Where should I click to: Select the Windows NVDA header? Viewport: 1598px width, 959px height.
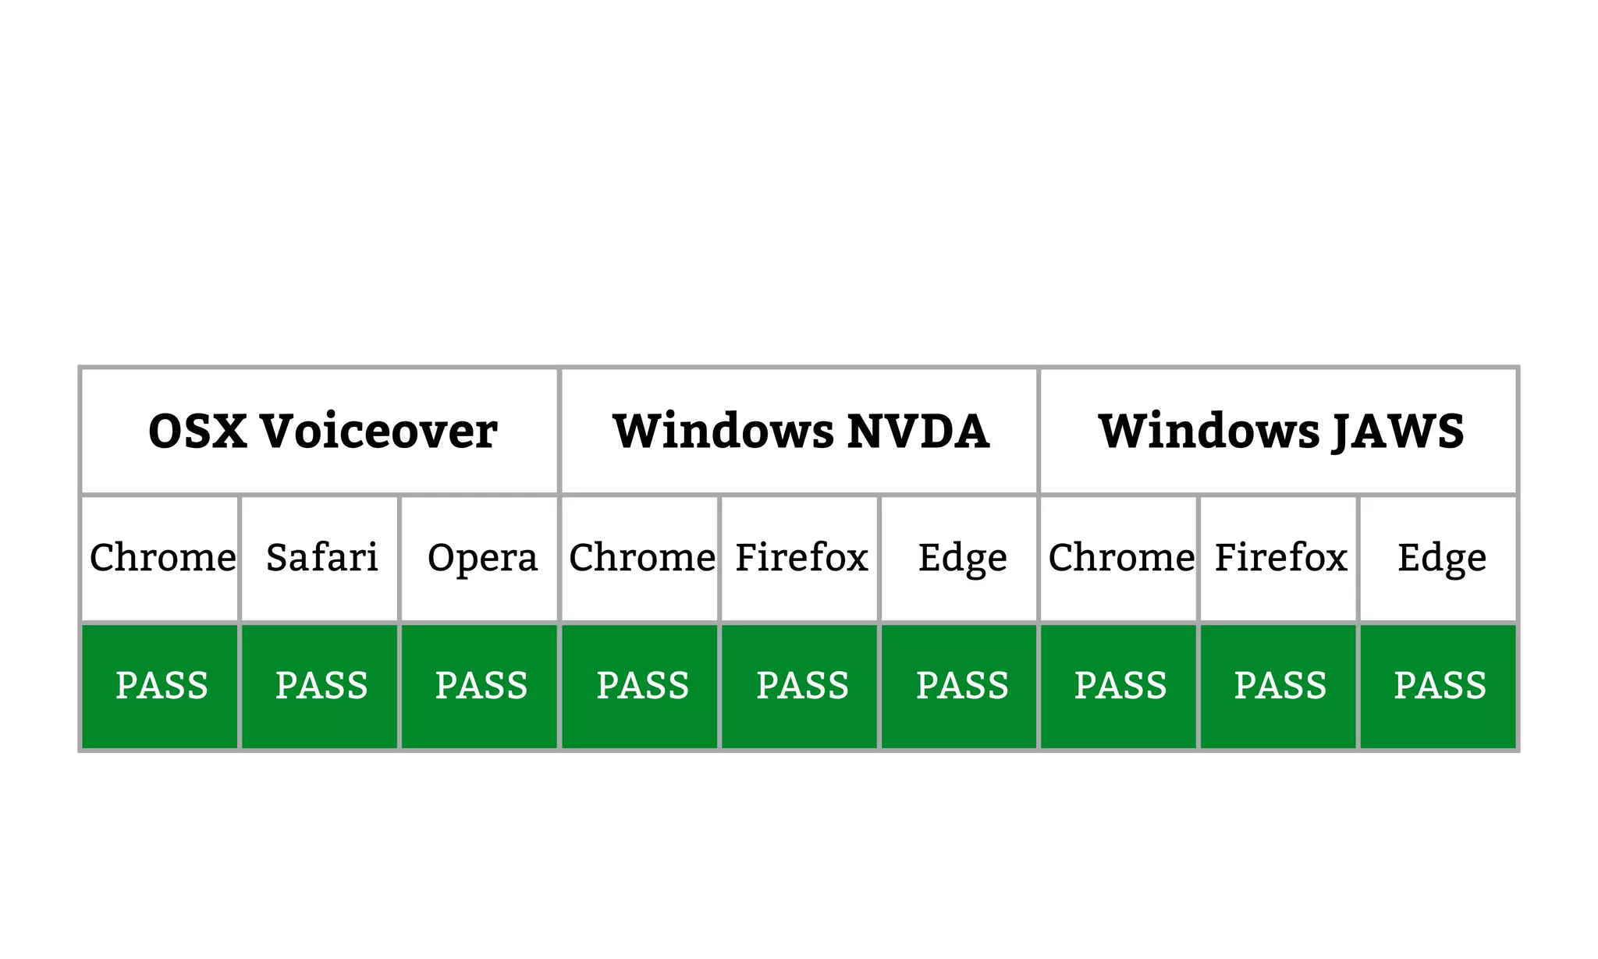coord(800,432)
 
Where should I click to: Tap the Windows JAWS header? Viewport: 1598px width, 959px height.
coord(1280,432)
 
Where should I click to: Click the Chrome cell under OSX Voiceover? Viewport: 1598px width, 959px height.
coord(162,559)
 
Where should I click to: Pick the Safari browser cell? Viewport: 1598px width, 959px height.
coord(321,559)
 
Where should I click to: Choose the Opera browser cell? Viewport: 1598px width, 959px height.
coord(481,559)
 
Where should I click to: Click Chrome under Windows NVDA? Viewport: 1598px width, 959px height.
coord(641,559)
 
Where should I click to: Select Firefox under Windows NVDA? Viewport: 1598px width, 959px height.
coord(801,559)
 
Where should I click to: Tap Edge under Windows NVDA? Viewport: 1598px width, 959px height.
coord(961,559)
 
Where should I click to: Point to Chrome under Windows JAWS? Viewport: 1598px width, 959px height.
coord(1120,559)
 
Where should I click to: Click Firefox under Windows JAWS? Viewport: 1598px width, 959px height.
coord(1280,559)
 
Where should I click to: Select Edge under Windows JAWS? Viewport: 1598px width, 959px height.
coord(1440,559)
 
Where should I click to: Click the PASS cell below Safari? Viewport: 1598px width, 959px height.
coord(321,687)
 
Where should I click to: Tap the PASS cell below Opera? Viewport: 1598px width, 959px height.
coord(481,687)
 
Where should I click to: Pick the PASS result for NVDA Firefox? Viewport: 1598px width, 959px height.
coord(801,687)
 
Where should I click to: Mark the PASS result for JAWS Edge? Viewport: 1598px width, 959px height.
coord(1440,687)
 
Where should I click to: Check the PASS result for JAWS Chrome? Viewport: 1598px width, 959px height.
coord(1120,687)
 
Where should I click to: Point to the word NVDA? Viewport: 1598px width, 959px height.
coord(918,432)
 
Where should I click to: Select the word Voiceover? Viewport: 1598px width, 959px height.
coord(378,432)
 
